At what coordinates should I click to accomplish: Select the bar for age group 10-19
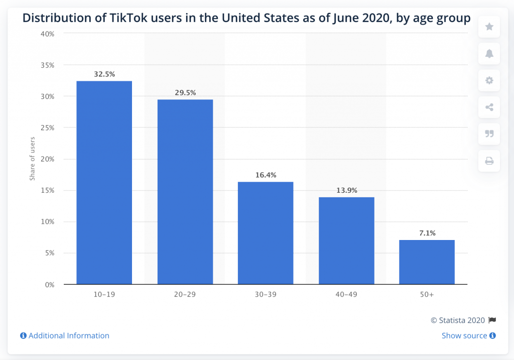pyautogui.click(x=104, y=183)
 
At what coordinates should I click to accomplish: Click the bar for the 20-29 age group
pyautogui.click(x=185, y=192)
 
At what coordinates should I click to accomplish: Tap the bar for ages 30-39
pyautogui.click(x=266, y=233)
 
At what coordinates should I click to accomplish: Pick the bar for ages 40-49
pyautogui.click(x=346, y=241)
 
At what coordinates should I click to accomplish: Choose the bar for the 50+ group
pyautogui.click(x=427, y=262)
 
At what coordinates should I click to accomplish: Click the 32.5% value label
pyautogui.click(x=104, y=74)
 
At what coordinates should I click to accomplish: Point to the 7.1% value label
pyautogui.click(x=427, y=233)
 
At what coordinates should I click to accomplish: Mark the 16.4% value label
pyautogui.click(x=266, y=175)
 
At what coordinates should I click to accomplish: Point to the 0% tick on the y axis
pyautogui.click(x=49, y=285)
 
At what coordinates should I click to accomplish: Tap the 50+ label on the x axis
pyautogui.click(x=427, y=294)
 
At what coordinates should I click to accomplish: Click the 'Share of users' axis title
pyautogui.click(x=32, y=159)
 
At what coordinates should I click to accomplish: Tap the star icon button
pyautogui.click(x=489, y=27)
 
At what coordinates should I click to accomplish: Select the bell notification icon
pyautogui.click(x=489, y=54)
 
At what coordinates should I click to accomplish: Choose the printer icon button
pyautogui.click(x=489, y=161)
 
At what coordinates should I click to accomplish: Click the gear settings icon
pyautogui.click(x=489, y=80)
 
